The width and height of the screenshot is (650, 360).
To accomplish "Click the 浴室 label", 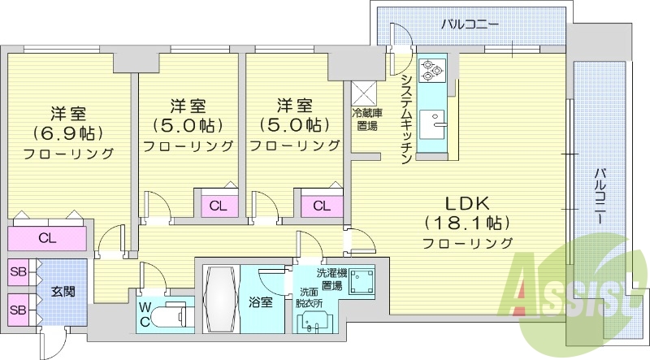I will click(x=260, y=301).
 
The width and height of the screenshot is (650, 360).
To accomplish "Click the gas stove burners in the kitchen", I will click(x=431, y=71).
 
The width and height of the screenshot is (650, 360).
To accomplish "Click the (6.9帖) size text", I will click(x=68, y=132).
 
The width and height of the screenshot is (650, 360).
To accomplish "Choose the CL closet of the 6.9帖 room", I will click(x=47, y=238).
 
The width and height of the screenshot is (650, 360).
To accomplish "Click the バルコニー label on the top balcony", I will click(x=470, y=24).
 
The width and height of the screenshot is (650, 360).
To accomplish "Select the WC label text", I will click(x=145, y=313).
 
